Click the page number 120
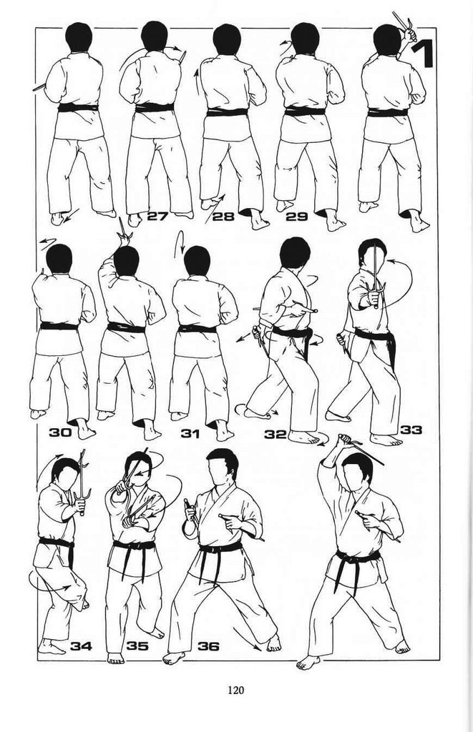point(236,690)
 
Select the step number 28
point(223,216)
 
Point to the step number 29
point(296,216)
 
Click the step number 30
point(61,432)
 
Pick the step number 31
point(190,434)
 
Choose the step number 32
point(275,434)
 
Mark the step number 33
point(411,429)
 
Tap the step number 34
point(82,646)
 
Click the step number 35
point(137,646)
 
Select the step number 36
point(208,646)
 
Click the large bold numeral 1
point(423,54)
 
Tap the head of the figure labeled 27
point(155,36)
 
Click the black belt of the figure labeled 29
point(305,112)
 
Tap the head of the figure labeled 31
point(197,261)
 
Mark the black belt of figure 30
point(59,326)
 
